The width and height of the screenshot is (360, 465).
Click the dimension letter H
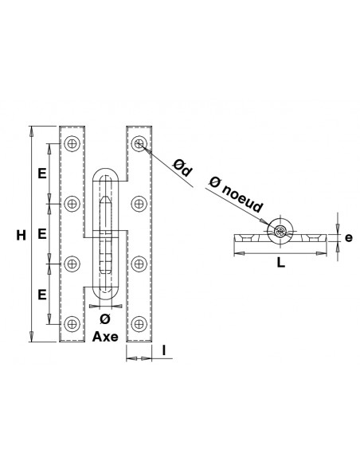click(21, 235)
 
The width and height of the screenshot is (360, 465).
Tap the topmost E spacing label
click(42, 173)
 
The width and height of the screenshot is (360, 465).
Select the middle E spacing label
click(42, 234)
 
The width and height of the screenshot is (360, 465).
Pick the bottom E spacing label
click(42, 295)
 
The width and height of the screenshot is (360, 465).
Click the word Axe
click(105, 337)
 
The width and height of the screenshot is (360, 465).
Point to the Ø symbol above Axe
click(105, 318)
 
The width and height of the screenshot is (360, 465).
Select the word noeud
click(242, 197)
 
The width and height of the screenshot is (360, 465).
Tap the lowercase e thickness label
click(349, 238)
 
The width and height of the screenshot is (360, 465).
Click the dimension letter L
click(280, 263)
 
